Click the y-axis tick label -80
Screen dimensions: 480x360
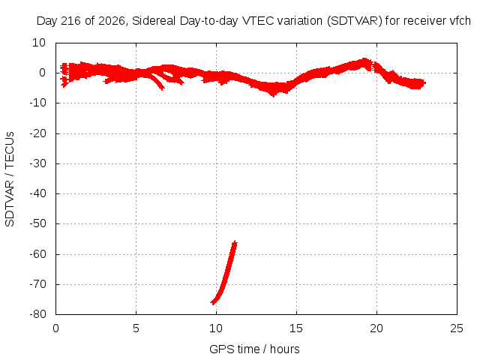click(38, 314)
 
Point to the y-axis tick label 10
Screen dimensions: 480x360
click(39, 43)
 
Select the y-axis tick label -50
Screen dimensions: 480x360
click(38, 223)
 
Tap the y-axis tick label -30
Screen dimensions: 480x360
click(38, 163)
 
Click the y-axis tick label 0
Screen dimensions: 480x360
click(42, 73)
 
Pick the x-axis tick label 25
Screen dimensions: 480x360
click(457, 328)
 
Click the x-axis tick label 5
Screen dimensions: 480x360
click(136, 328)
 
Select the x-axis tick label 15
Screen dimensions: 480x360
click(296, 328)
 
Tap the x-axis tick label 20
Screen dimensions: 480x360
click(376, 328)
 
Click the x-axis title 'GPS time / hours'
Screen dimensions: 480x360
click(254, 349)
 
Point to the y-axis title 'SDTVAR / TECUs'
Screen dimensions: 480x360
click(10, 179)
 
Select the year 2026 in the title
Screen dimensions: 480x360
click(112, 21)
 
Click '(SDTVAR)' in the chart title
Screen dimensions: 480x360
click(355, 21)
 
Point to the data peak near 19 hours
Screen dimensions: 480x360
click(364, 61)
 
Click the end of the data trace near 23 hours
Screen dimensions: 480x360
click(424, 82)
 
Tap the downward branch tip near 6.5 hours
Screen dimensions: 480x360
click(162, 88)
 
